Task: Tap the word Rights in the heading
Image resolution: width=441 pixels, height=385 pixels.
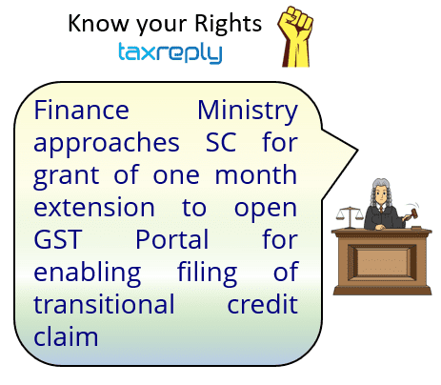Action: [228, 25]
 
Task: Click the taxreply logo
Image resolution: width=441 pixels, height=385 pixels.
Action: [170, 52]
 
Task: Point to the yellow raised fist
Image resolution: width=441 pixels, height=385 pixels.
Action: [296, 36]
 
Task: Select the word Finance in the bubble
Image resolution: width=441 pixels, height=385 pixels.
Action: [81, 111]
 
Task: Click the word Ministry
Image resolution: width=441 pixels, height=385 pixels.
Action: [248, 111]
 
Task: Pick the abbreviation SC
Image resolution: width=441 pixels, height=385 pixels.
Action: [221, 143]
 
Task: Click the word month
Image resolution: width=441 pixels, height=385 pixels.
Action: [256, 174]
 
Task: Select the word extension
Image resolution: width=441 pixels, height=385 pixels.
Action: [94, 207]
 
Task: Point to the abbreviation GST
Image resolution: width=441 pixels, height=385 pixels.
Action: [57, 239]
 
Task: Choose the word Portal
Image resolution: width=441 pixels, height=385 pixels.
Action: [171, 239]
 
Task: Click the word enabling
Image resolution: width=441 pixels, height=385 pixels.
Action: [88, 274]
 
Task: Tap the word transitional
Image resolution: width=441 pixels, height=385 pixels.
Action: [104, 304]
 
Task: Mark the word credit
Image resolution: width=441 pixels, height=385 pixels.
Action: [263, 304]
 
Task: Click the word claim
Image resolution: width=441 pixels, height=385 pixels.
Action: [66, 336]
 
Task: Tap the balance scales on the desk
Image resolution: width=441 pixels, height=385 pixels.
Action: [350, 217]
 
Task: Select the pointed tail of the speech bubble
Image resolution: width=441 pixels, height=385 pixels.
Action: [357, 151]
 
